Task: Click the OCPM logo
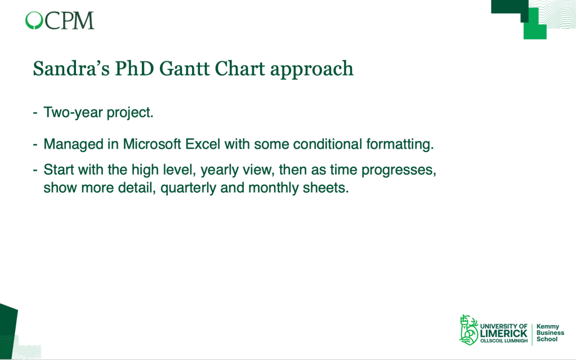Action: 60,20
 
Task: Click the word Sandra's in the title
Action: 72,68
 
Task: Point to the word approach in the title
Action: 312,70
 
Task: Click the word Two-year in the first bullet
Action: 73,113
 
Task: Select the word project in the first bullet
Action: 130,113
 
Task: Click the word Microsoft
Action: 151,144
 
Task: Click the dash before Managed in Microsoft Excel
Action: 35,145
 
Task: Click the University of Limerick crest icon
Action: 468,330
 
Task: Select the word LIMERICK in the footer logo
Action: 503,334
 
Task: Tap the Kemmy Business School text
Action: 550,333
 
